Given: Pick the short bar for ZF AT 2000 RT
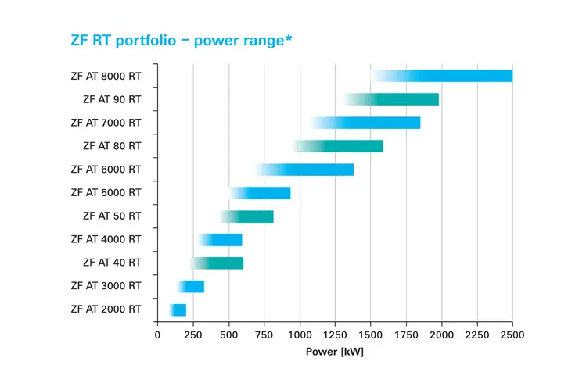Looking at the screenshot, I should pyautogui.click(x=178, y=310).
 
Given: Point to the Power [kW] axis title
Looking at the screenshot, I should pyautogui.click(x=335, y=352).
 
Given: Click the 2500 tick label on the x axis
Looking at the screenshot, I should pyautogui.click(x=512, y=335).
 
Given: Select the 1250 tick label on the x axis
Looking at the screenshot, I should pyautogui.click(x=335, y=335).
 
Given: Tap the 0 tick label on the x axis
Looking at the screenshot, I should pyautogui.click(x=157, y=335).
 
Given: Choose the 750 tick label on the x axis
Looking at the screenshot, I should pyautogui.click(x=264, y=335).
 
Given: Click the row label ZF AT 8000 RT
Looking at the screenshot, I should pyautogui.click(x=106, y=77).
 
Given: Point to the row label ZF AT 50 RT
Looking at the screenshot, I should pyautogui.click(x=112, y=216).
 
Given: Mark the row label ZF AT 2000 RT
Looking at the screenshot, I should pyautogui.click(x=106, y=309).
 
